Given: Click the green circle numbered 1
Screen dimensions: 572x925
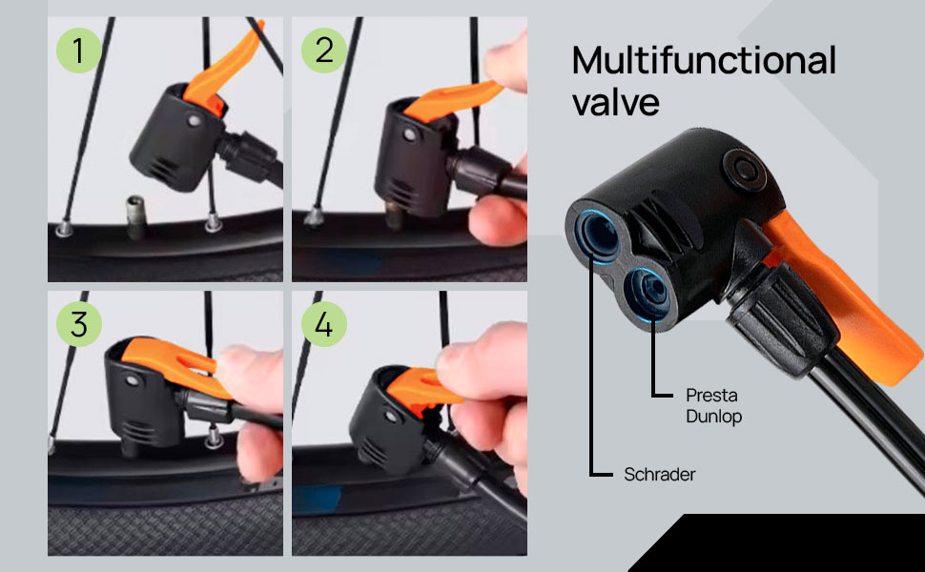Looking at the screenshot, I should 79,51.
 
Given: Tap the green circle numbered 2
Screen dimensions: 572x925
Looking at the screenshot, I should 324,50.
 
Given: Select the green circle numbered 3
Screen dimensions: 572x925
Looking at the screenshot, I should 79,324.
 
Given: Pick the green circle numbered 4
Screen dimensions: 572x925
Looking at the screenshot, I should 324,324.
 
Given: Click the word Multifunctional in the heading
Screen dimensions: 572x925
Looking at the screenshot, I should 704,61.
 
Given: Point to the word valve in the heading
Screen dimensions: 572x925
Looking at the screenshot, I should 616,102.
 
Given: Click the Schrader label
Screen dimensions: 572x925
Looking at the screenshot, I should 660,474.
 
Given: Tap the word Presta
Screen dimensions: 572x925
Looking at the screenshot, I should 712,394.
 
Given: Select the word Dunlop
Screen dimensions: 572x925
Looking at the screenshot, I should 714,417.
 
